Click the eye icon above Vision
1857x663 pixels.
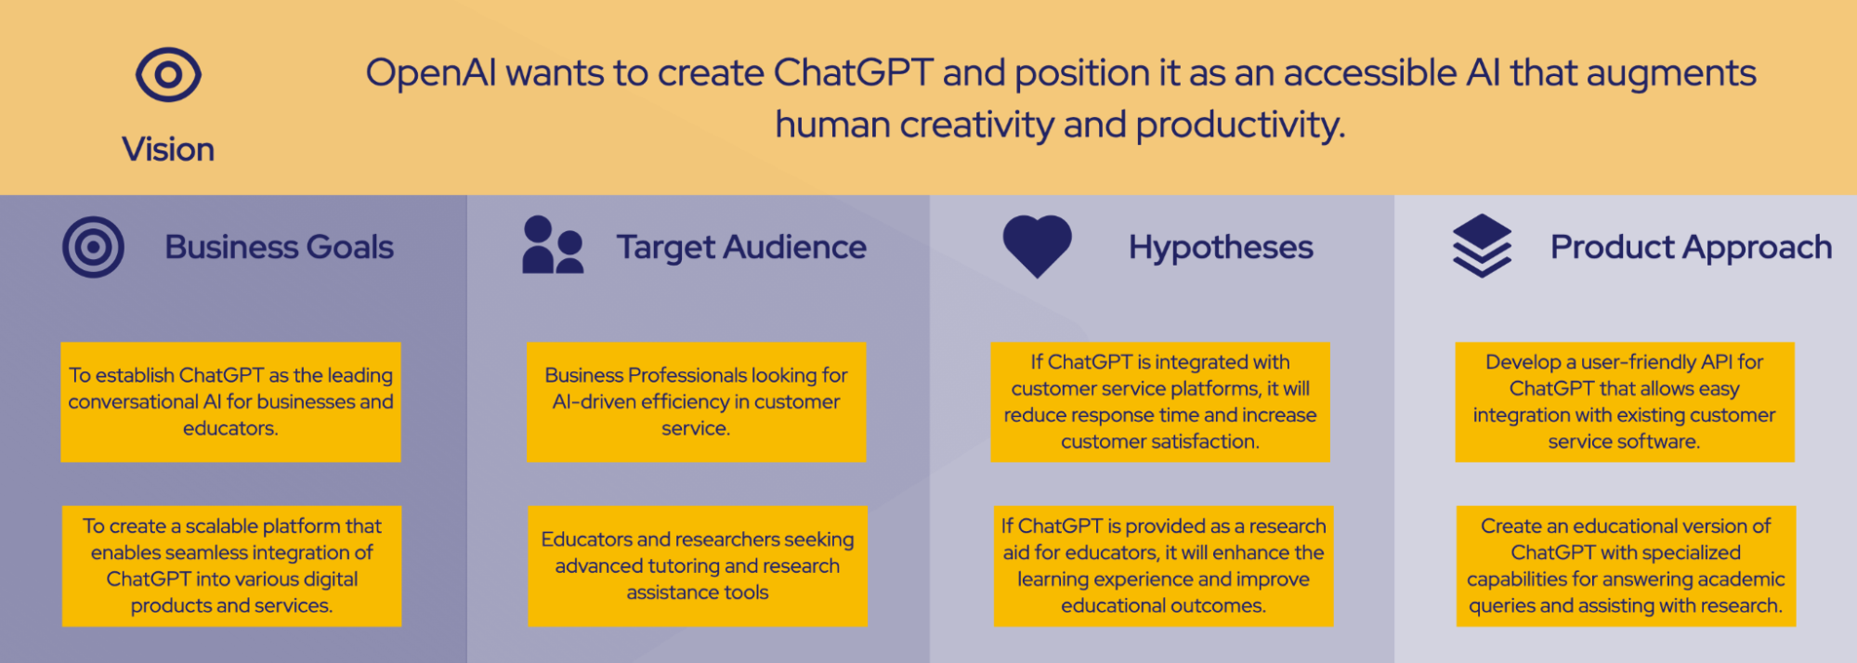point(168,74)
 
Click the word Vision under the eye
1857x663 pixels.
point(168,149)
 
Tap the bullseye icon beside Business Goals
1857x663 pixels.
point(93,247)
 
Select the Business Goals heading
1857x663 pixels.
point(279,247)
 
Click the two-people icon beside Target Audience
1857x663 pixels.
point(553,245)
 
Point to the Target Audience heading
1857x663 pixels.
point(741,247)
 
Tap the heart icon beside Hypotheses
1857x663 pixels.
point(1038,246)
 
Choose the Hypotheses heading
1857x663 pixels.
point(1221,248)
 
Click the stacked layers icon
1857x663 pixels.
point(1482,246)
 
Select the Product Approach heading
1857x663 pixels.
point(1691,248)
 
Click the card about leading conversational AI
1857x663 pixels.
point(230,402)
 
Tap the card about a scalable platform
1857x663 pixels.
point(231,565)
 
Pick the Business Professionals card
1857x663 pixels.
point(696,402)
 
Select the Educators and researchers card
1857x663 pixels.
point(698,565)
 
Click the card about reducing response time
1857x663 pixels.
point(1160,402)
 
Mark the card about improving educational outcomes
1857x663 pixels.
point(1163,565)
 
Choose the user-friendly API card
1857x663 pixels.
point(1625,402)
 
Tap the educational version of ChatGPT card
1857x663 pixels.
point(1626,565)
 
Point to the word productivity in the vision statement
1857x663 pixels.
point(1240,125)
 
